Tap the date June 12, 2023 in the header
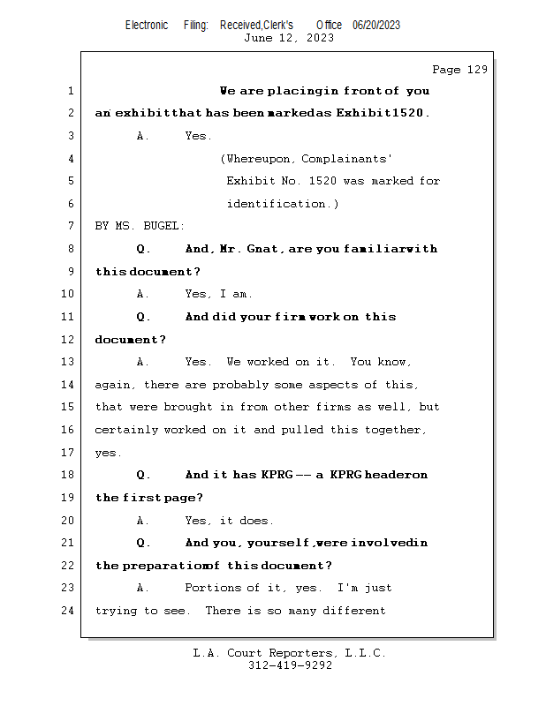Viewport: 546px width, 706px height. (289, 38)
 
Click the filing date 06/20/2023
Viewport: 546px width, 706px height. (376, 25)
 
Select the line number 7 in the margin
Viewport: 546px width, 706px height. (70, 226)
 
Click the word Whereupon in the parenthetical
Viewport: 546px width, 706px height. (259, 159)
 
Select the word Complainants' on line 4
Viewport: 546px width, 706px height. (347, 159)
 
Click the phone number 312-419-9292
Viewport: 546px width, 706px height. (290, 665)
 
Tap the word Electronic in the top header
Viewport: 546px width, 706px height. (147, 25)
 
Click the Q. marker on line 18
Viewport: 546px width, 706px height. (144, 475)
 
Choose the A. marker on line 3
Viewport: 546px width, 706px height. (143, 136)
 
